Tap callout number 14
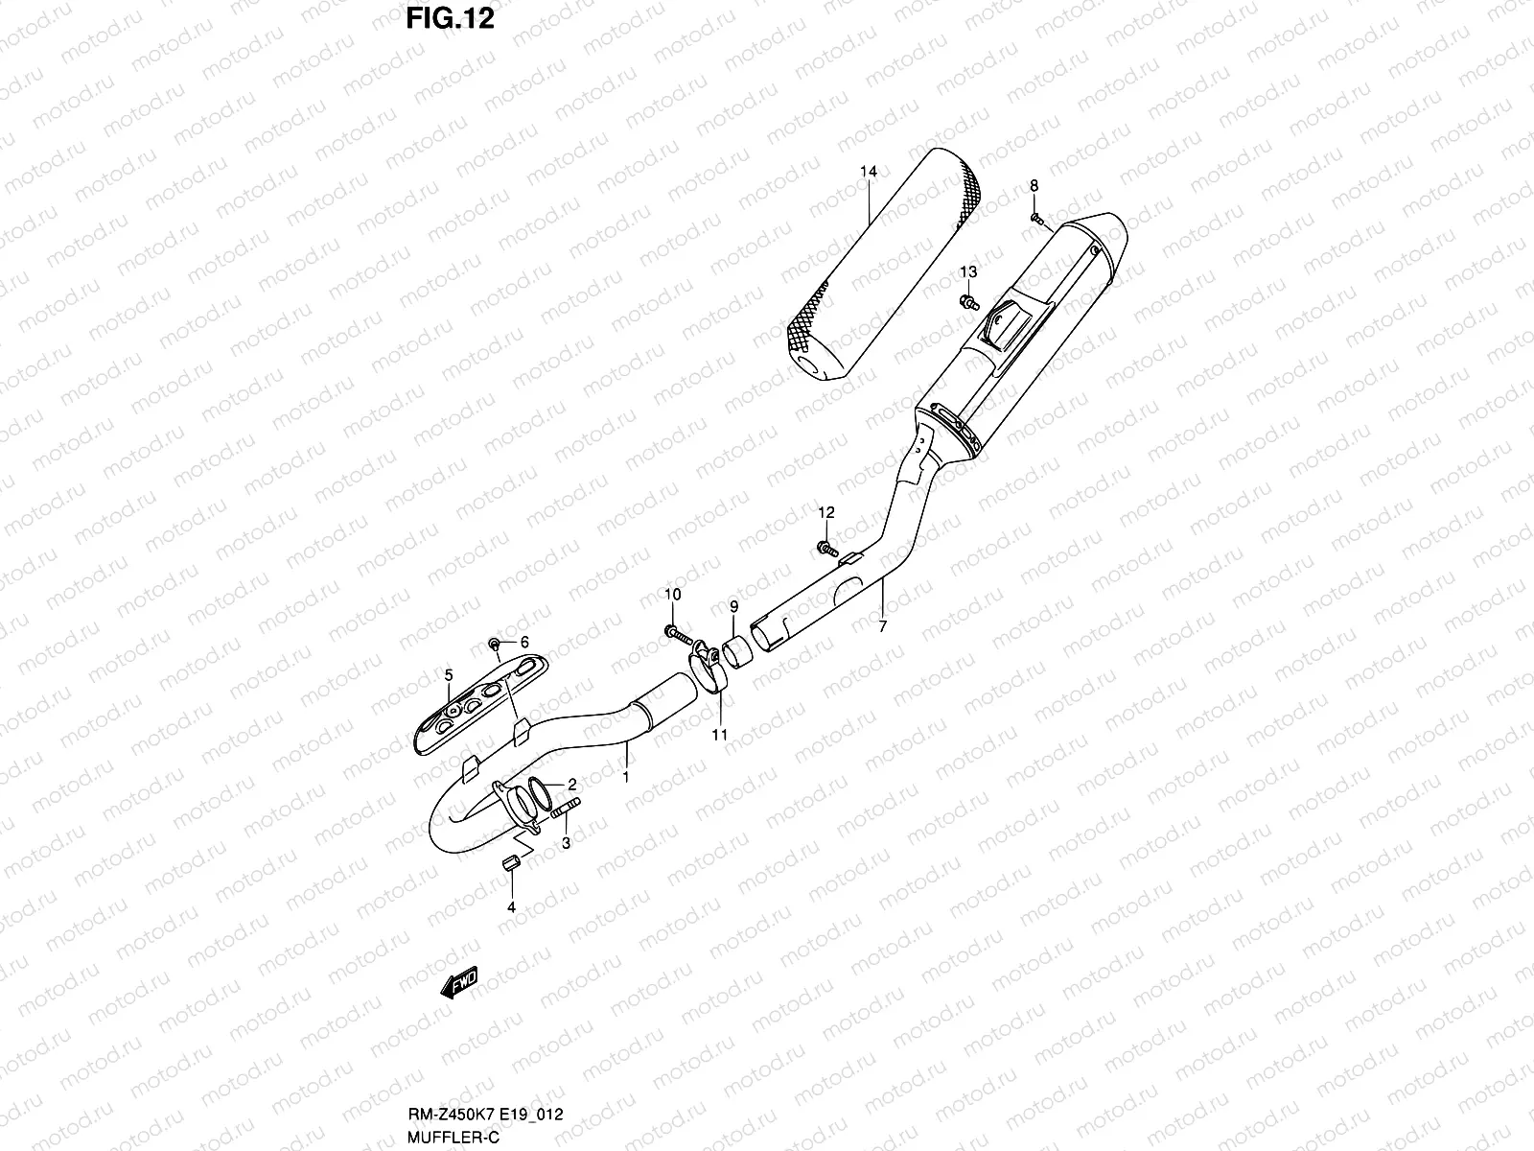pos(868,172)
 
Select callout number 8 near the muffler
pos(1034,185)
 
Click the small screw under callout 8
pos(1035,218)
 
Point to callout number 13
pos(968,272)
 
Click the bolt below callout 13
pos(969,303)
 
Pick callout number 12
pos(826,513)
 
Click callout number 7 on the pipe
pos(882,626)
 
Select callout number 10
pos(672,595)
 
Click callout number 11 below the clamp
pos(719,736)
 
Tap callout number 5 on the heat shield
pos(448,675)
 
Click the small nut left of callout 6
pos(494,643)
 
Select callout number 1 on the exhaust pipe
pos(626,777)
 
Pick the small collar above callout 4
pos(512,864)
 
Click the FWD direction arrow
pos(458,983)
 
